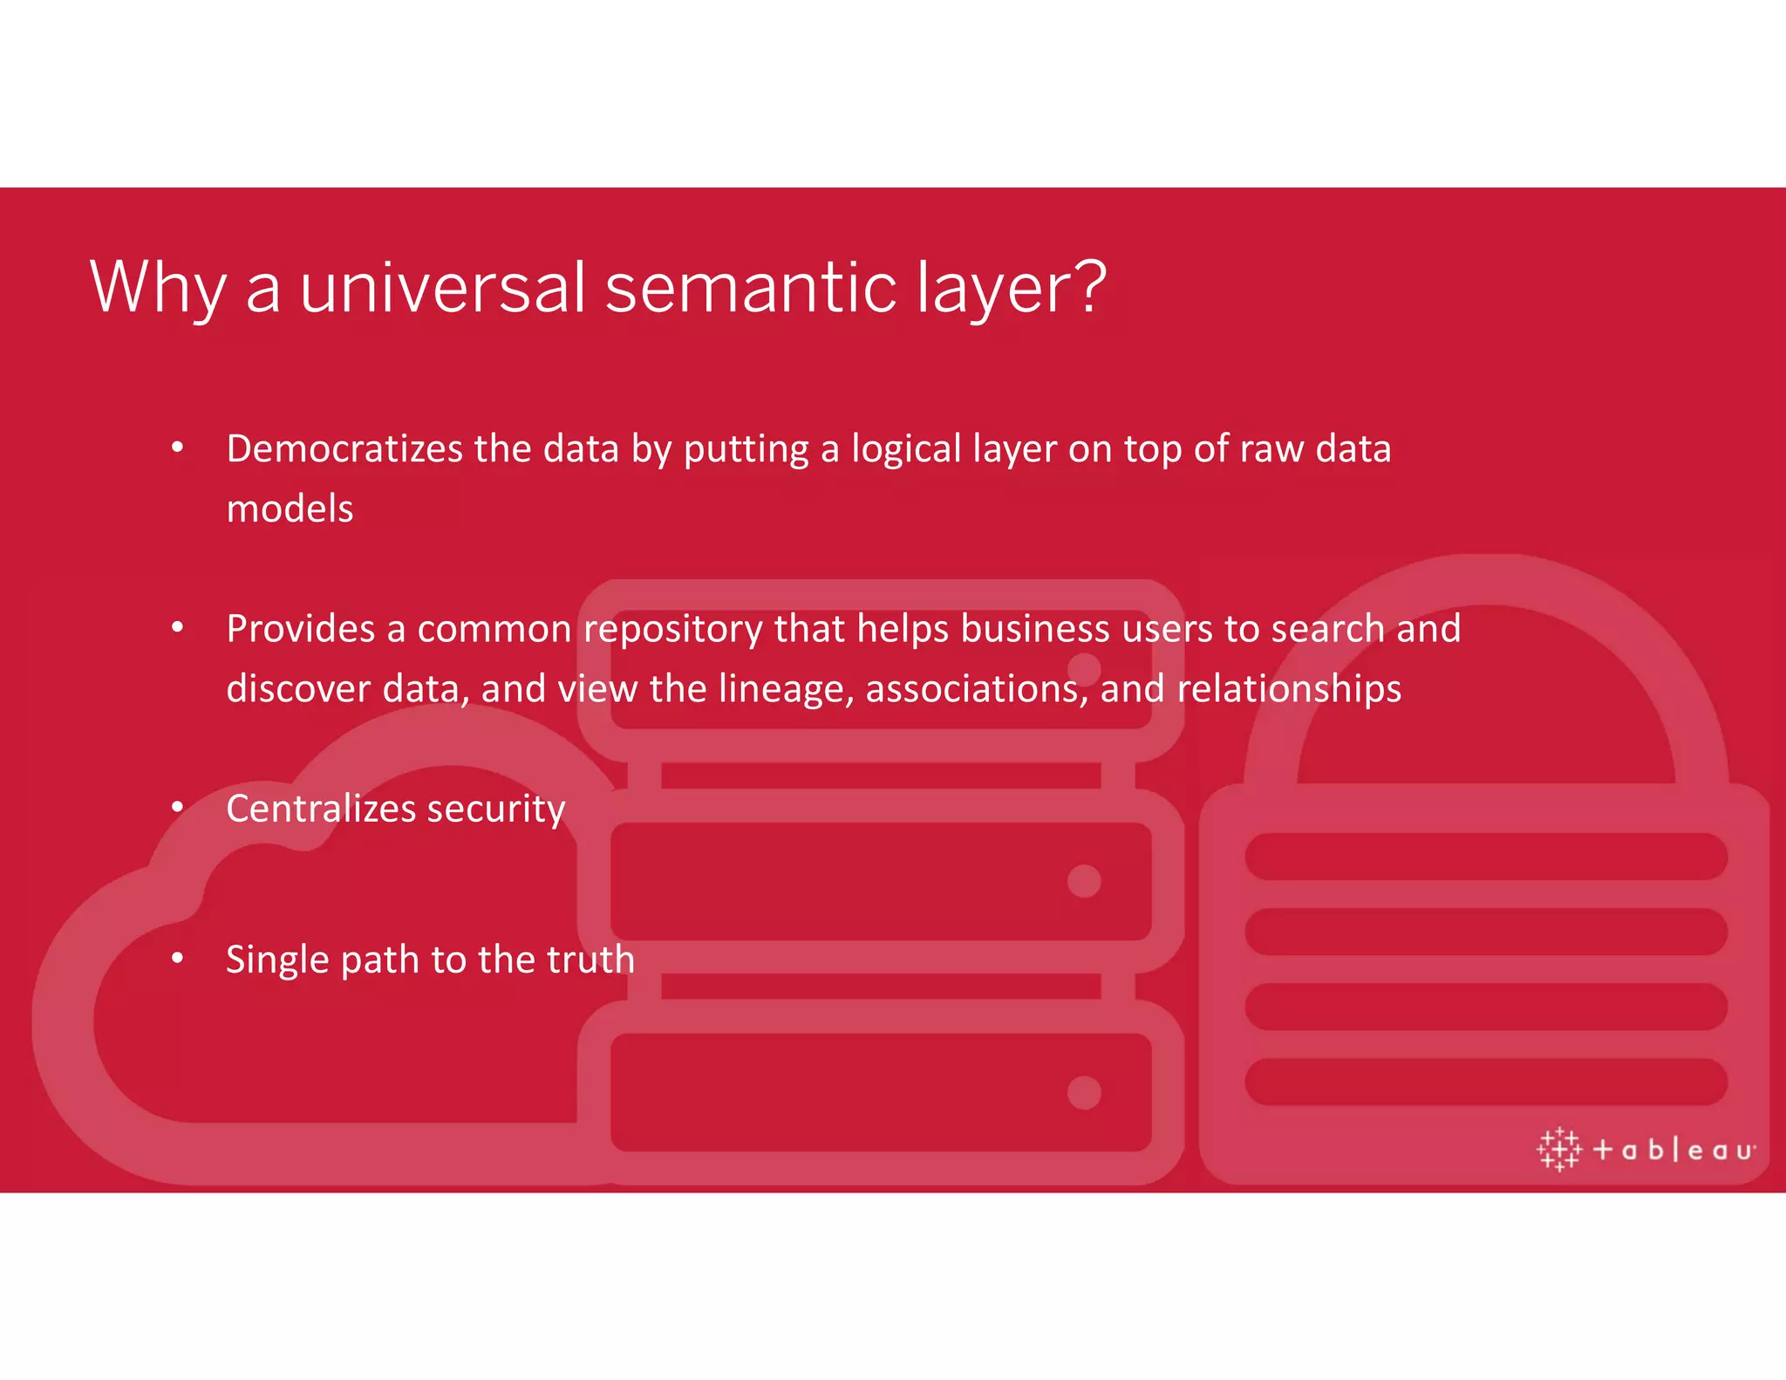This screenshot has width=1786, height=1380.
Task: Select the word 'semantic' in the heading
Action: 751,288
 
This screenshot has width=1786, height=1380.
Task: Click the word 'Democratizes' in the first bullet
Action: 344,448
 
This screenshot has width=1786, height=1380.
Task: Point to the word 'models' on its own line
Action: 290,509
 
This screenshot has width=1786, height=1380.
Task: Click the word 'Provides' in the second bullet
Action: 300,628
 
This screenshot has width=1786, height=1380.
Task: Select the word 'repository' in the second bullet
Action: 672,630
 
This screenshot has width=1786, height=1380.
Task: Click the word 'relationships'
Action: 1289,689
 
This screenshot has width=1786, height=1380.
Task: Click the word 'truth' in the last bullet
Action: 590,960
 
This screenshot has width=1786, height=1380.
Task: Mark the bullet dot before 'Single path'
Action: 177,959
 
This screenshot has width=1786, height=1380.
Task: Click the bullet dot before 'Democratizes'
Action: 177,448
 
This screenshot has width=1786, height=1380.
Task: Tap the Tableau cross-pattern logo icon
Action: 1558,1149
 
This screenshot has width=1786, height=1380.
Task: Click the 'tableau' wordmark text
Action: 1674,1151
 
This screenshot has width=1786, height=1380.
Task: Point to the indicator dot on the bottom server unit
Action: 1084,1092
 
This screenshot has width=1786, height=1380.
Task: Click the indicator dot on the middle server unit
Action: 1084,881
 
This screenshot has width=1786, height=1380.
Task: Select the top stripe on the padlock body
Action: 1485,857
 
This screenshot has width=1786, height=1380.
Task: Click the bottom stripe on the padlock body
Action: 1485,1082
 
